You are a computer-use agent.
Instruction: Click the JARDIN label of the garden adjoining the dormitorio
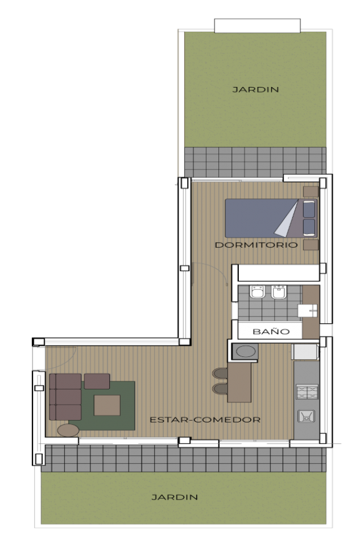click(255, 89)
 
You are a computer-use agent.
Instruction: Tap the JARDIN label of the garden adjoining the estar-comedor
click(175, 497)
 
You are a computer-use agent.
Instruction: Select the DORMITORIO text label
click(256, 245)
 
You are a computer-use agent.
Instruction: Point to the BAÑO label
click(271, 331)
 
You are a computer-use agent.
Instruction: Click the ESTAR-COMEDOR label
click(205, 420)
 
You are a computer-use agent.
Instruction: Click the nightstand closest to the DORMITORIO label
click(310, 245)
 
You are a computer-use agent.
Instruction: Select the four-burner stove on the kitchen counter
click(307, 392)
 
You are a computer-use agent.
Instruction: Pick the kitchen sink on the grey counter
click(307, 417)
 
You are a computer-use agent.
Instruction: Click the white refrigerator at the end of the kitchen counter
click(305, 352)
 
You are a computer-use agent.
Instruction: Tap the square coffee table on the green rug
click(107, 405)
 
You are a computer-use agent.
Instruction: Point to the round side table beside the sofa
click(68, 430)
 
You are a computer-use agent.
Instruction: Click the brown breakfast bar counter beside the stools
click(239, 381)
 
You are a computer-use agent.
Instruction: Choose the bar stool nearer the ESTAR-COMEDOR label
click(220, 389)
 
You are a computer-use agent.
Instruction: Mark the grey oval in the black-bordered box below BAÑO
click(246, 351)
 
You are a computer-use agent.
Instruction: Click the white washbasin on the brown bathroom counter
click(308, 310)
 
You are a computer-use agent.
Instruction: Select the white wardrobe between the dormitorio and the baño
click(278, 273)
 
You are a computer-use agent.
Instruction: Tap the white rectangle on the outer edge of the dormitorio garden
click(257, 25)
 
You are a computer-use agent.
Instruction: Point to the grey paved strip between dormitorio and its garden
click(255, 161)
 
